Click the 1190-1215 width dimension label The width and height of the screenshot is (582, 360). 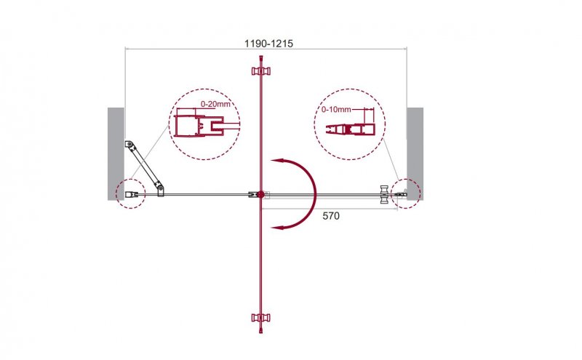tap(268, 44)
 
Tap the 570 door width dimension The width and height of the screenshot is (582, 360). tap(331, 215)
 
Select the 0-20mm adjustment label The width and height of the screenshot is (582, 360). tap(215, 104)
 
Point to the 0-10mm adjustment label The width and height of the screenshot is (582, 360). tap(336, 109)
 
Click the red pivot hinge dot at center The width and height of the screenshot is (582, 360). tap(261, 194)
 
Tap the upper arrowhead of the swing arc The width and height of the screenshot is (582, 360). tap(278, 161)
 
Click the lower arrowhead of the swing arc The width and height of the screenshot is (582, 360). tap(278, 226)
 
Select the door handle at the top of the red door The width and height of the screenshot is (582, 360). tap(261, 71)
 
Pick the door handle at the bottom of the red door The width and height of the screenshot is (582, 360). tap(261, 317)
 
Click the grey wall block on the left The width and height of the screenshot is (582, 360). tap(116, 154)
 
